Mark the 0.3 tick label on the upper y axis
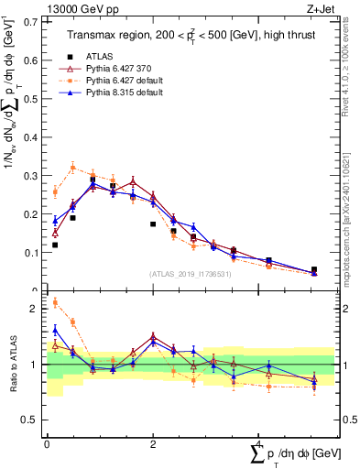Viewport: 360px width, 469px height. click(x=32, y=175)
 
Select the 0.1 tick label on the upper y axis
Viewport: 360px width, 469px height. click(x=32, y=252)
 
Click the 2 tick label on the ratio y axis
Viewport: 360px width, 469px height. click(x=37, y=309)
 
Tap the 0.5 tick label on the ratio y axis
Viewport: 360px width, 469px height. click(x=32, y=420)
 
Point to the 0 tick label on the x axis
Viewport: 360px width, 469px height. click(x=46, y=443)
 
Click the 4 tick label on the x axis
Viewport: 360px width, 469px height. click(x=260, y=443)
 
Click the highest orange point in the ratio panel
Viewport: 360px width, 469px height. click(x=55, y=302)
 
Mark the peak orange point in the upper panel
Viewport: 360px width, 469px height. click(x=72, y=167)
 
